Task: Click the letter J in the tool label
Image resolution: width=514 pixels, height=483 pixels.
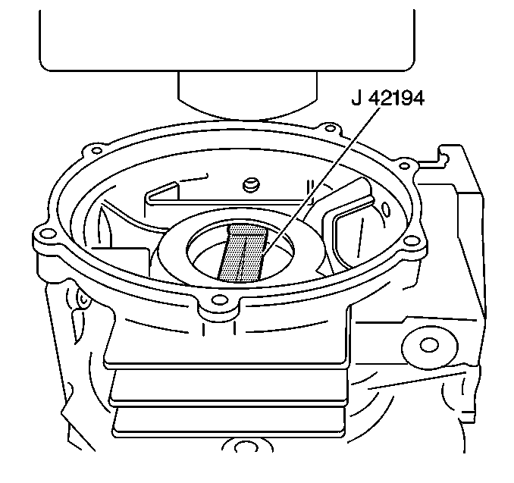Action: [x=356, y=98]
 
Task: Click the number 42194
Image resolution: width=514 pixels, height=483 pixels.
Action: [x=396, y=98]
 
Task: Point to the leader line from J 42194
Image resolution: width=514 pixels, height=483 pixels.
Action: [x=321, y=180]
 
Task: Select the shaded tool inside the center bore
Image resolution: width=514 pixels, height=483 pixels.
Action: [x=243, y=252]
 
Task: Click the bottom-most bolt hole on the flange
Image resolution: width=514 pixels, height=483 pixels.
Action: [x=218, y=300]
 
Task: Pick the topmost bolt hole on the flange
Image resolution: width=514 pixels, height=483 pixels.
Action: [x=330, y=127]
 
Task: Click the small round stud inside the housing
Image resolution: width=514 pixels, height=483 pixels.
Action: [x=251, y=184]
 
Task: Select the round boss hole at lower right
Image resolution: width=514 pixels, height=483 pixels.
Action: [x=429, y=345]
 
